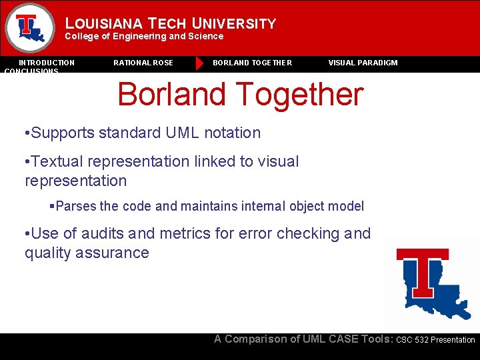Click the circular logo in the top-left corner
(29, 28)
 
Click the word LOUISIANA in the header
(103, 24)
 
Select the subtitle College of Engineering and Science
(144, 37)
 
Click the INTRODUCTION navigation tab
(47, 63)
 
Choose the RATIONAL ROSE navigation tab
(143, 63)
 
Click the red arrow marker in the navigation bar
(199, 63)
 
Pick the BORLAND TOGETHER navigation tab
(252, 63)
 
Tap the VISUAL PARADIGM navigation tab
(363, 63)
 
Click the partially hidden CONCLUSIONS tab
(31, 71)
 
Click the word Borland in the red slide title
(172, 94)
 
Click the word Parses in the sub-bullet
(76, 206)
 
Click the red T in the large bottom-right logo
(422, 273)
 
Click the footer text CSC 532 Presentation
(435, 340)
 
